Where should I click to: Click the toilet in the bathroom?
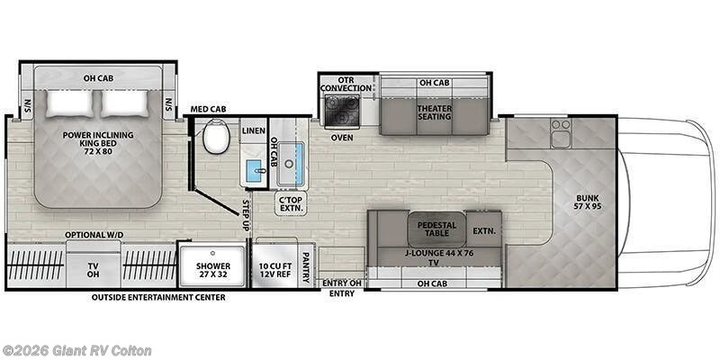point(215,138)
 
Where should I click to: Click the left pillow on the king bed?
point(69,103)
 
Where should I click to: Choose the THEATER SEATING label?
point(434,112)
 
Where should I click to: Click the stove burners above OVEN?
point(341,112)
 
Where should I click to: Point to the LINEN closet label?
point(253,131)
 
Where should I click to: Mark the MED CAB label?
point(208,110)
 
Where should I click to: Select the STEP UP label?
point(244,217)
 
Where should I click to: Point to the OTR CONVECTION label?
point(346,83)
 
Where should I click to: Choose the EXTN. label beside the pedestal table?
point(484,230)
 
